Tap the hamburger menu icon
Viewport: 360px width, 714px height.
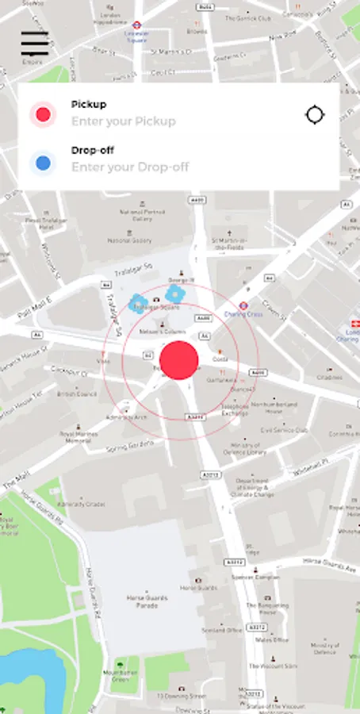pos(34,43)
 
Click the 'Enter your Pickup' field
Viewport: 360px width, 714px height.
pos(124,121)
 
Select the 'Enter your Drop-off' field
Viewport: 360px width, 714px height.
pos(130,167)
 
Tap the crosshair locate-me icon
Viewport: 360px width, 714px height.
pos(315,115)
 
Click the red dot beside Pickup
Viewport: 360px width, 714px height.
pos(43,115)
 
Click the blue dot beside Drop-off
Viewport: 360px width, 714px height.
pos(43,163)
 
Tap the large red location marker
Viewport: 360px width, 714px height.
pos(179,360)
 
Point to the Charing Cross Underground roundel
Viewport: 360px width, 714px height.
pos(244,304)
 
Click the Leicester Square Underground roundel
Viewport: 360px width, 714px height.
pos(136,25)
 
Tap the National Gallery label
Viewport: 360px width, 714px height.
pos(129,240)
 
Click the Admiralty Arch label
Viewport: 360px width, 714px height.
pos(127,416)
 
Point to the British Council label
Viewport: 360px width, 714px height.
pos(76,393)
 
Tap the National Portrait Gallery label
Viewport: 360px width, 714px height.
pos(143,215)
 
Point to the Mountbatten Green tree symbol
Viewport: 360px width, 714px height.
pos(120,665)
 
